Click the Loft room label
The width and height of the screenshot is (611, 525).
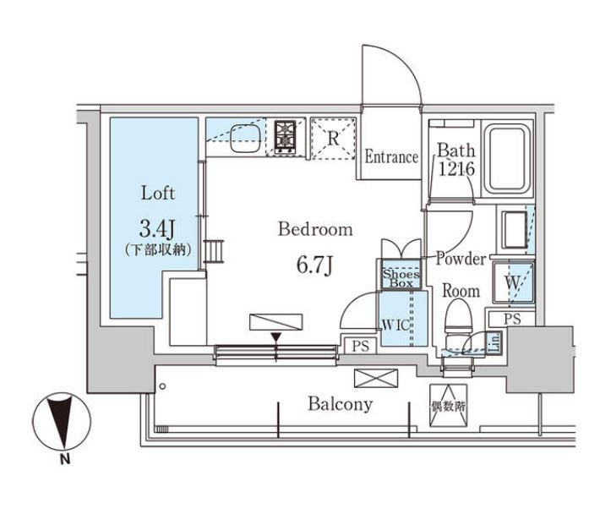(x=158, y=194)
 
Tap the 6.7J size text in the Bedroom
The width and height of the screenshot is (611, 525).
(x=314, y=265)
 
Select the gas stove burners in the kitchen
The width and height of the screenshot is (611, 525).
(x=286, y=137)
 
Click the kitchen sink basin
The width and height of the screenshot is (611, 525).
(x=245, y=139)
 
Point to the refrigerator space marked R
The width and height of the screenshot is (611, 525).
(x=333, y=139)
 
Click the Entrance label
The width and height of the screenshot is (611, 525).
(x=391, y=157)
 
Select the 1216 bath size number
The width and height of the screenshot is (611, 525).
(x=456, y=169)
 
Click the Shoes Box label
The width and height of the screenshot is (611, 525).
(x=401, y=278)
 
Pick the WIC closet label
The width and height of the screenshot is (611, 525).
(x=396, y=325)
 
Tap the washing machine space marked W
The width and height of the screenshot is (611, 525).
(x=513, y=282)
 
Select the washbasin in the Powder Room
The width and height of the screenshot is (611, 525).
(x=515, y=230)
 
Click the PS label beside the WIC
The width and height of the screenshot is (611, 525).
(x=361, y=346)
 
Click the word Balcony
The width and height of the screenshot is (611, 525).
(x=341, y=404)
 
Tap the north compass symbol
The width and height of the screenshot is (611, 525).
(x=62, y=423)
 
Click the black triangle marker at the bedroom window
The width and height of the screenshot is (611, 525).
(x=276, y=337)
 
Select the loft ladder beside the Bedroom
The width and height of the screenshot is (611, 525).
(x=214, y=252)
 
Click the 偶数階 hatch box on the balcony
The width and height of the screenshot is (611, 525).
(x=448, y=406)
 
